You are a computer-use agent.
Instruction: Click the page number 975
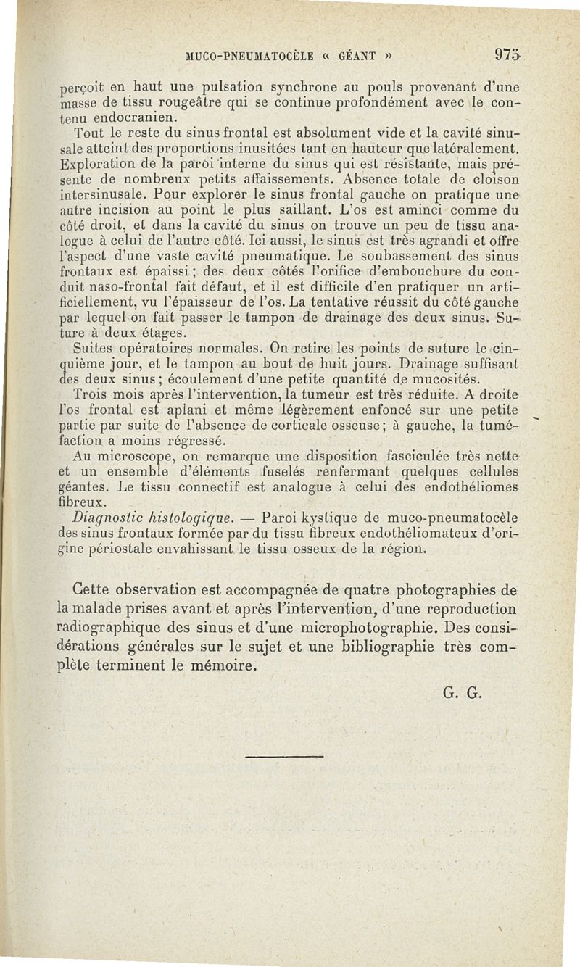pyautogui.click(x=507, y=54)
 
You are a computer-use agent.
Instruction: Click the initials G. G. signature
pyautogui.click(x=463, y=691)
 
